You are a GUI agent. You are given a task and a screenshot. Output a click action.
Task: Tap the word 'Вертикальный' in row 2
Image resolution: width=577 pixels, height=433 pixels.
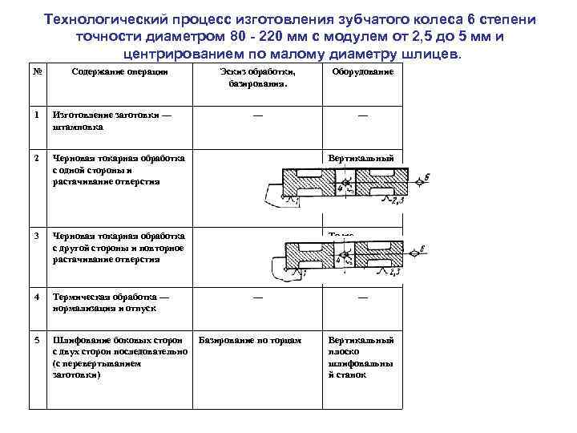coord(361,159)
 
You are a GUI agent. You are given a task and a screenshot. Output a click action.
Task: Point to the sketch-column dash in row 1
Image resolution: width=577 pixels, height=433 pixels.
coord(256,115)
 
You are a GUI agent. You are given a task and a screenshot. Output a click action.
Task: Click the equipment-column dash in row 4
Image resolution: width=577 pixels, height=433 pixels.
coord(361,297)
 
